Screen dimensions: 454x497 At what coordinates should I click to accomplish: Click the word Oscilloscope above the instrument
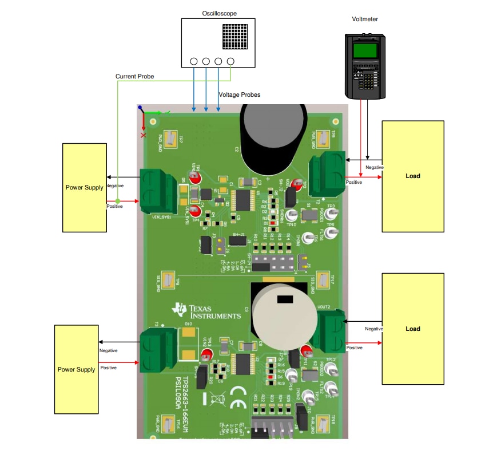coord(219,13)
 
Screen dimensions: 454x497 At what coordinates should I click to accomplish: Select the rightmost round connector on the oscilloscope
coord(231,61)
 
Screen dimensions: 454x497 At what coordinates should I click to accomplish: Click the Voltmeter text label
coord(365,19)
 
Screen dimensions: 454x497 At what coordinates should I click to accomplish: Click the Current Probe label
coord(134,76)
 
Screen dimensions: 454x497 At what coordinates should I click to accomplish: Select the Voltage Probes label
coord(240,94)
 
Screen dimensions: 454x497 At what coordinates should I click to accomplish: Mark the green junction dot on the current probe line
coord(117,202)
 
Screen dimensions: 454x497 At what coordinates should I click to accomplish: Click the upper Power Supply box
coord(85,188)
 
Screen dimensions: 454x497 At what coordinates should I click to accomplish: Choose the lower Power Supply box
coord(77,369)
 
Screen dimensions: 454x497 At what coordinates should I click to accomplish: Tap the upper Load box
coord(412,176)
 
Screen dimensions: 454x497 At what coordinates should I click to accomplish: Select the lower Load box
coord(412,329)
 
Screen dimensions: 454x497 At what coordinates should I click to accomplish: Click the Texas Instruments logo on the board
coord(206,311)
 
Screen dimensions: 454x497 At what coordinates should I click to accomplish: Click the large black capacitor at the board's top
coord(269,140)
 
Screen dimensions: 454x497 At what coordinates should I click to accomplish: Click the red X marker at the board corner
coord(144,135)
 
